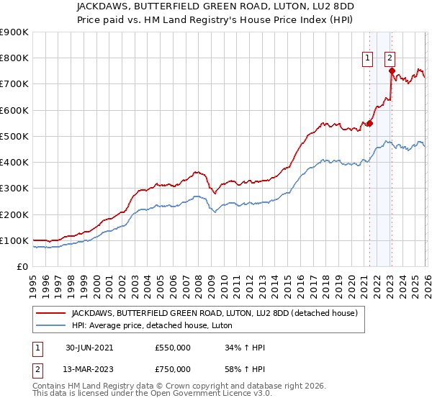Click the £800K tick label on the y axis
pyautogui.click(x=14, y=58)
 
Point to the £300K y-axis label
pyautogui.click(x=14, y=189)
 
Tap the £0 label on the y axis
pyautogui.click(x=22, y=267)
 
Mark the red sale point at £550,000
pyautogui.click(x=369, y=123)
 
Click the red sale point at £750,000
pyautogui.click(x=391, y=71)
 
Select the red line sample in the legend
pyautogui.click(x=51, y=313)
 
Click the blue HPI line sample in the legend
pyautogui.click(x=51, y=325)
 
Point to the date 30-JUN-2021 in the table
pyautogui.click(x=89, y=348)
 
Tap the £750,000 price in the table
pyautogui.click(x=173, y=369)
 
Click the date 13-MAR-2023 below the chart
pyautogui.click(x=89, y=369)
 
